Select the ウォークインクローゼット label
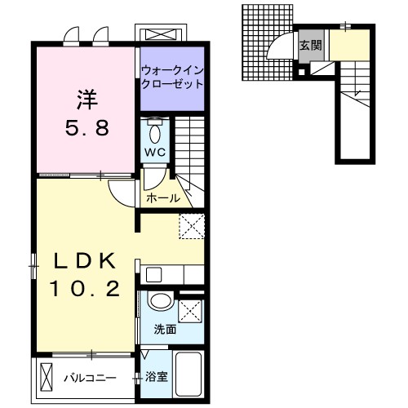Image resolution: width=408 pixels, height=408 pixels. point(171,78)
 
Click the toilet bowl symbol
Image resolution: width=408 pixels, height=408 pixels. point(155,131)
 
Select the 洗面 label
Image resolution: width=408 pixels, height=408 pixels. point(165,330)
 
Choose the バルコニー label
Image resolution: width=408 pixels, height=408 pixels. point(90,378)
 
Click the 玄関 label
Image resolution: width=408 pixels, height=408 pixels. point(311,46)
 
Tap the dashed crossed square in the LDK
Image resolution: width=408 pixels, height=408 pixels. point(192,224)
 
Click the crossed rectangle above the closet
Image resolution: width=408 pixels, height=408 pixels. point(162,34)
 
